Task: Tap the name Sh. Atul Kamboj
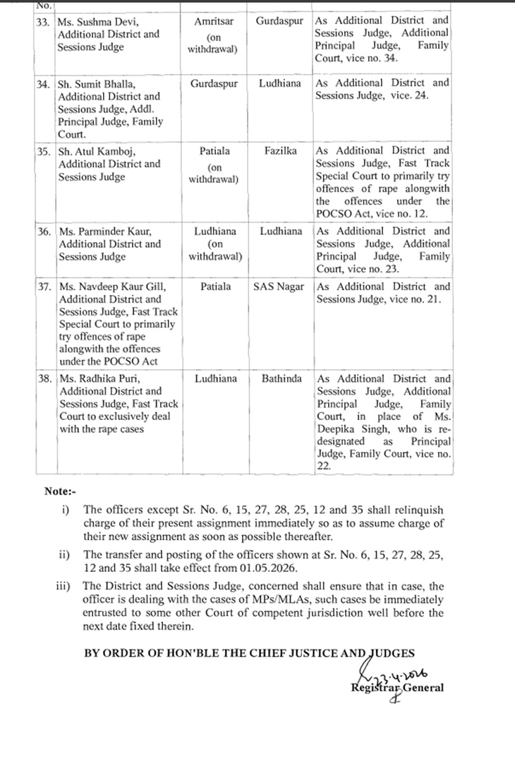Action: [95, 151]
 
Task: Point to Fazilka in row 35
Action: [280, 151]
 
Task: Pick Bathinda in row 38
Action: [281, 378]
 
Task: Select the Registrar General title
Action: [397, 688]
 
